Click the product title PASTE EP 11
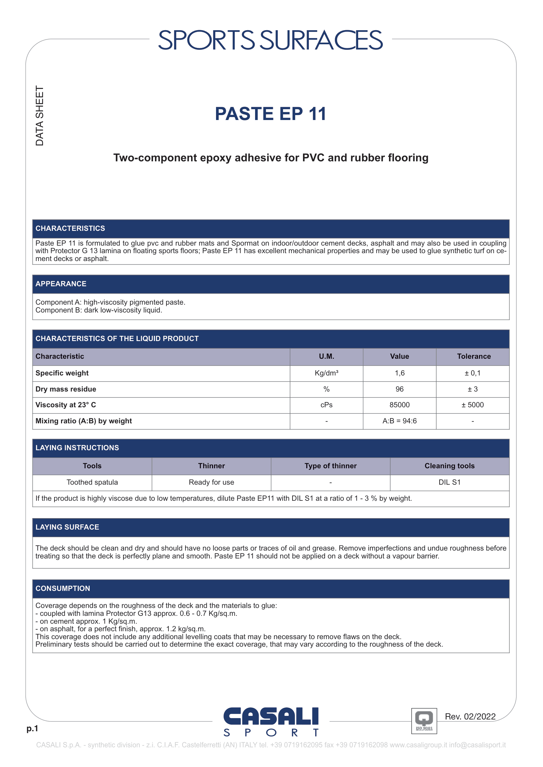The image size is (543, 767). (271, 114)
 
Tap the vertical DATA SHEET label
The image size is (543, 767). (40, 116)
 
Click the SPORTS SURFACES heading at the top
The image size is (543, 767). (270, 40)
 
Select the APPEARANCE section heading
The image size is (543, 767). (61, 284)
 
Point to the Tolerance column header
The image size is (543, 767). (473, 356)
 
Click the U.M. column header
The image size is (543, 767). (326, 356)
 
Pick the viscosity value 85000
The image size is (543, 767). (399, 405)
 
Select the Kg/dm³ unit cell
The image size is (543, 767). (326, 373)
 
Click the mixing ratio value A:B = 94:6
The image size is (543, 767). (399, 421)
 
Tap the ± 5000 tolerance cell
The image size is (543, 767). (472, 405)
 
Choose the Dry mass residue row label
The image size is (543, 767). (66, 389)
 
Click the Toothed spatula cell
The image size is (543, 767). (92, 482)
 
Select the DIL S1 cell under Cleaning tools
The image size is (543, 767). (449, 482)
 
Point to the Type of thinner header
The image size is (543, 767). (330, 466)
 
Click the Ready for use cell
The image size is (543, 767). (211, 482)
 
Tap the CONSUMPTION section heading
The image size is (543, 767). (63, 588)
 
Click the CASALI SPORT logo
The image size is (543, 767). (271, 721)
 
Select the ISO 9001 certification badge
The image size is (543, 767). (424, 721)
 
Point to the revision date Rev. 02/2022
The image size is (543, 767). (470, 717)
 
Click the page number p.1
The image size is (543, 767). (33, 728)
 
